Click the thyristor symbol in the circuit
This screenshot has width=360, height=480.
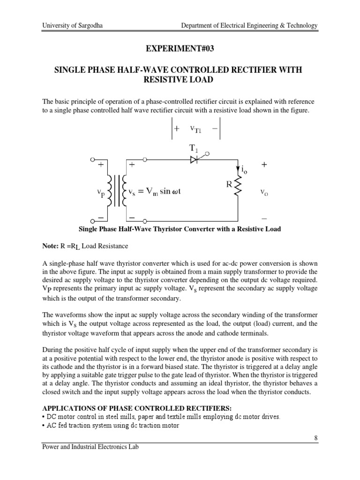(193, 160)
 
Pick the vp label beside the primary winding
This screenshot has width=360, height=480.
(99, 192)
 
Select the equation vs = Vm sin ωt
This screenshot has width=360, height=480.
(159, 192)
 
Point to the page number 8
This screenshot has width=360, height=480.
(316, 438)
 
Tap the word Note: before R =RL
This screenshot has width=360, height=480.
(50, 246)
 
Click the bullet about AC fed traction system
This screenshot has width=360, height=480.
(110, 426)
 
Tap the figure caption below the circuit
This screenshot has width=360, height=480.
(180, 229)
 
